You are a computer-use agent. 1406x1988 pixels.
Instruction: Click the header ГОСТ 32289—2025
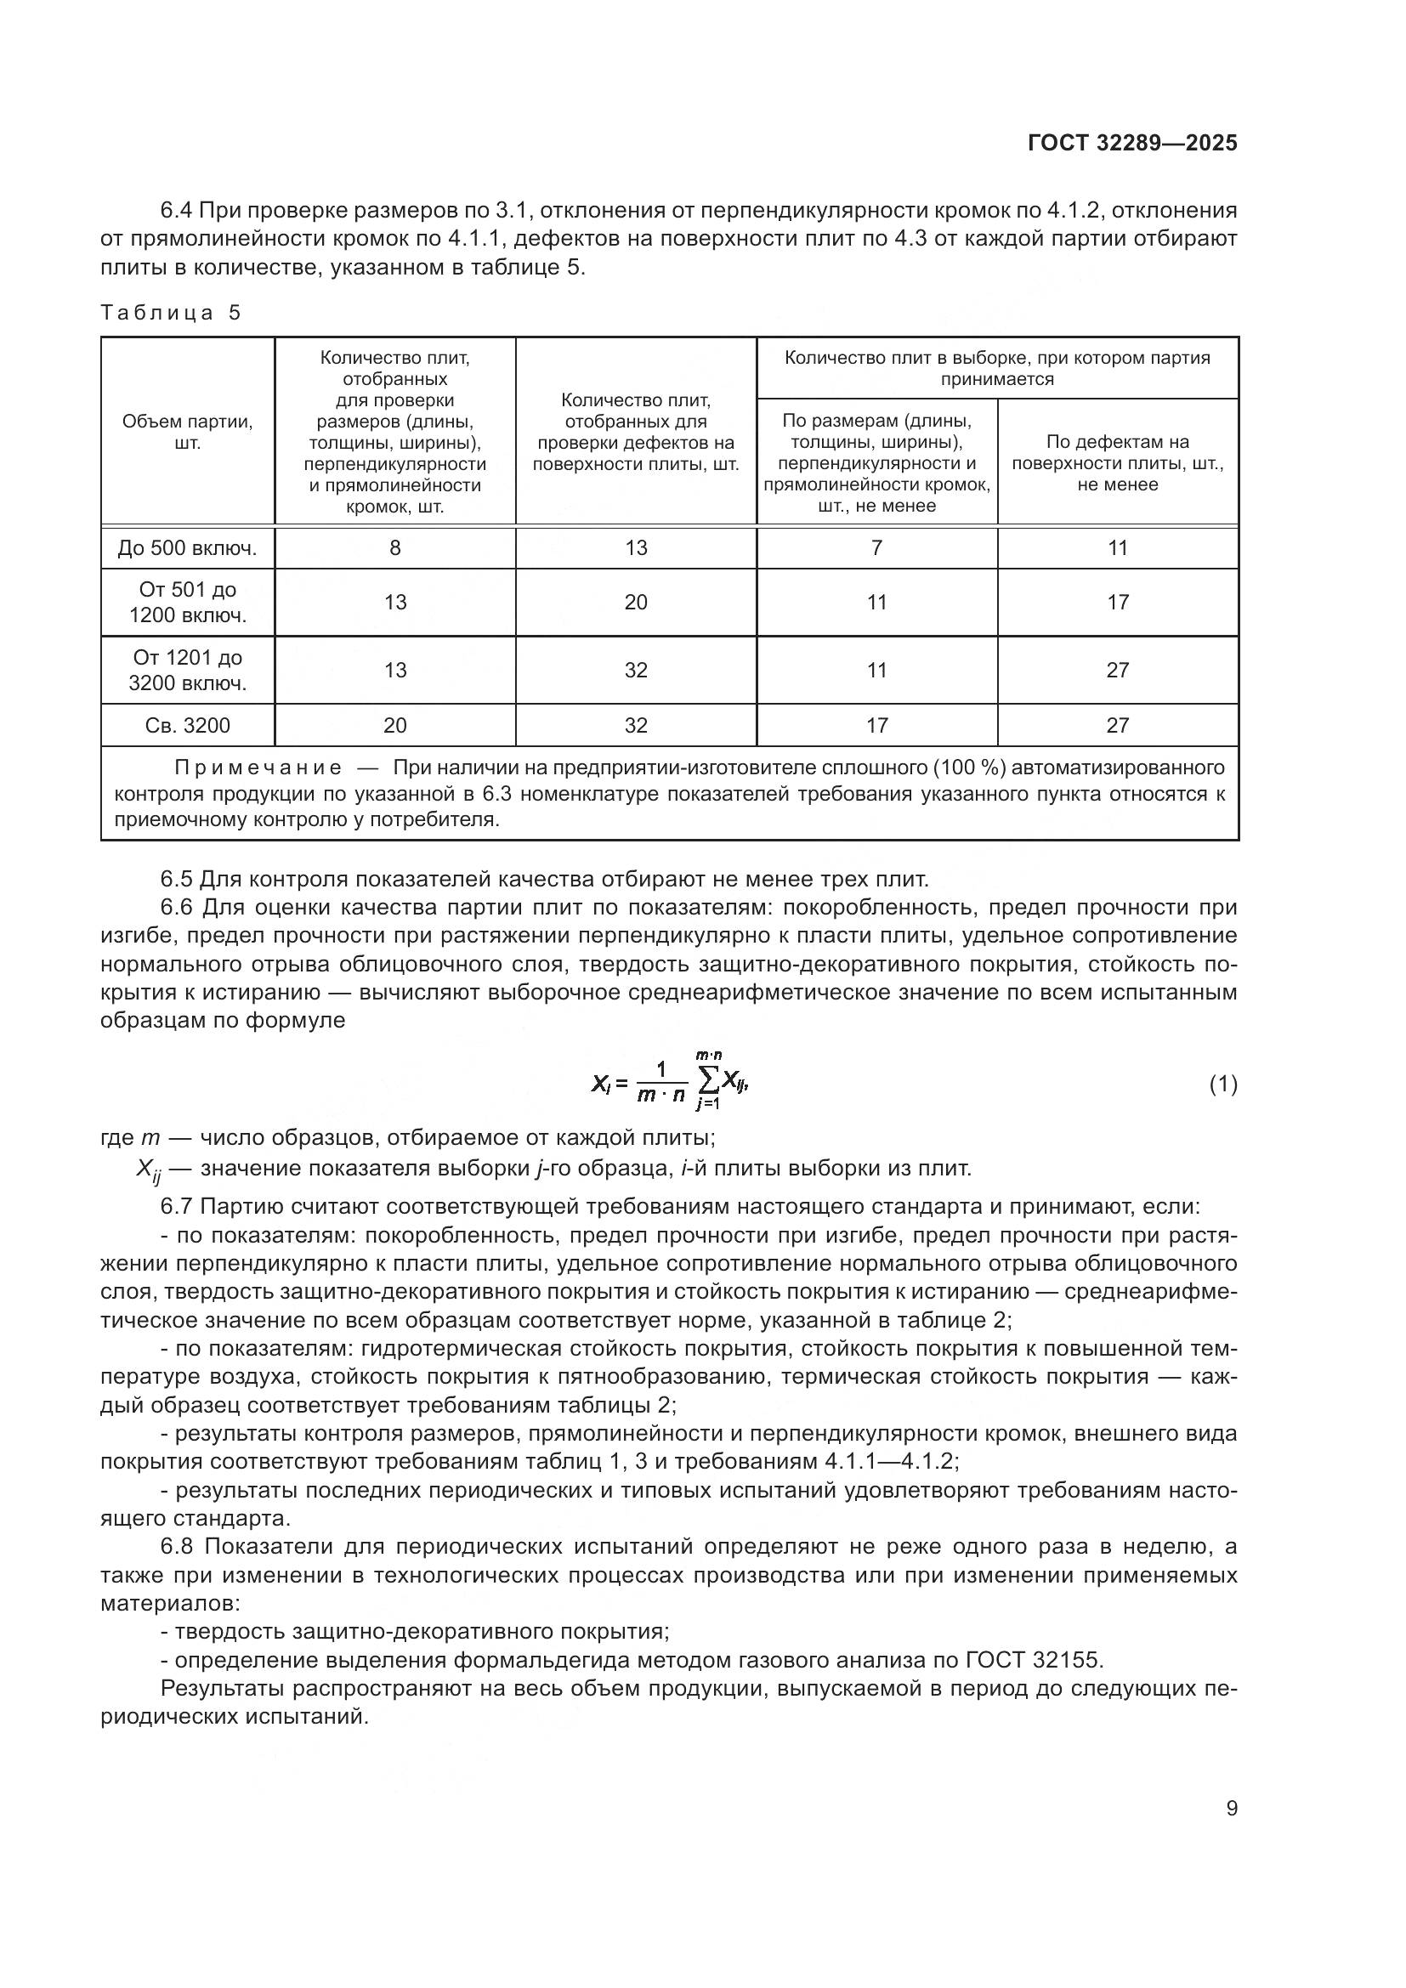(1132, 144)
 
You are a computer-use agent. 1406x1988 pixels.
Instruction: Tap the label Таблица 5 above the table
(171, 313)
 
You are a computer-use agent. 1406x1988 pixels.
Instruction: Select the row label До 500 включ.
(188, 548)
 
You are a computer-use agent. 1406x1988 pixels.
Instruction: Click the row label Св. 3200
(188, 726)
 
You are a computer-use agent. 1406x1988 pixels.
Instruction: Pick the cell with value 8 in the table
(394, 548)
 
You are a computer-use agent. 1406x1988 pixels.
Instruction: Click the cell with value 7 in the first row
(876, 548)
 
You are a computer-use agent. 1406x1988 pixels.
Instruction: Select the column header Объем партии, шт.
(188, 432)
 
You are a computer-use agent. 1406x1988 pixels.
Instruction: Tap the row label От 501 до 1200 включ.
(188, 603)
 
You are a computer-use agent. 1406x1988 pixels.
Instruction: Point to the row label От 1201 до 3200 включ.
(188, 670)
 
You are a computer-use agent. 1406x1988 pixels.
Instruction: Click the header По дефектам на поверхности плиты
(1118, 463)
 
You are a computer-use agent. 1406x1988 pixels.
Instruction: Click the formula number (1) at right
(1222, 1084)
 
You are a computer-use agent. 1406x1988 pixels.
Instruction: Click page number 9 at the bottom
(1231, 1809)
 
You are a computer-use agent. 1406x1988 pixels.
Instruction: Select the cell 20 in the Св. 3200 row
(394, 726)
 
